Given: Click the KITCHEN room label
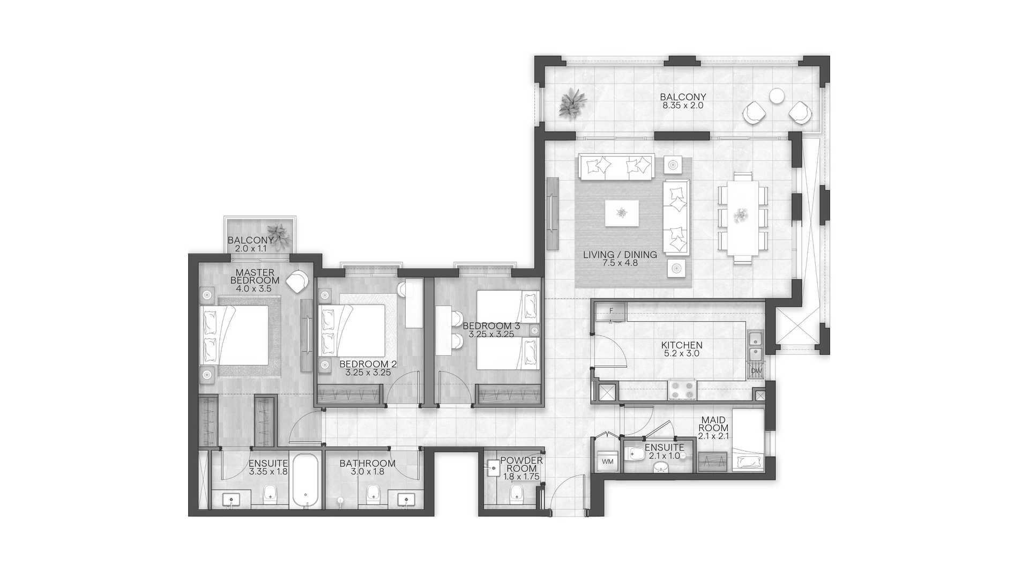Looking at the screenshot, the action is pos(682,345).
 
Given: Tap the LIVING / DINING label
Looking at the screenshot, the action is pos(620,255).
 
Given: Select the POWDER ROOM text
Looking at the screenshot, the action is pos(521,464).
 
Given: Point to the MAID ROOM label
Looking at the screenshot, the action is pos(713,424).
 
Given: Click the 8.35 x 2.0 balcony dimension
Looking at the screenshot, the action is pos(683,106).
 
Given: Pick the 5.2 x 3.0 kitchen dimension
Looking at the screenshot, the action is pos(682,354).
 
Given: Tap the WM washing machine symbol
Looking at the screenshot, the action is pos(607,462).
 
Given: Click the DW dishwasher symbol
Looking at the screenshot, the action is pos(756,370).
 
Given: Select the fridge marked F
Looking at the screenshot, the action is pos(611,311).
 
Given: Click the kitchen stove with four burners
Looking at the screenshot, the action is pos(682,390).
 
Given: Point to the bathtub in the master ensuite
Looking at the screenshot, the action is pos(306,481).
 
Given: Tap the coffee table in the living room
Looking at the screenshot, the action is pos(622,213).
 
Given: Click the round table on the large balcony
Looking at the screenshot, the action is pos(777,96).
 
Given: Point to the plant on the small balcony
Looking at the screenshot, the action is pos(278,236).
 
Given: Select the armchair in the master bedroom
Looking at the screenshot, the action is pos(297,281).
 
